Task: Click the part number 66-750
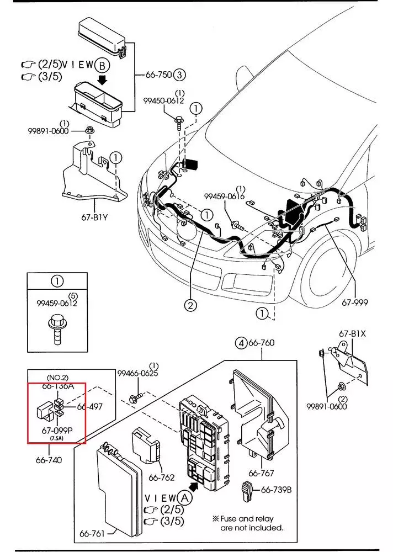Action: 158,75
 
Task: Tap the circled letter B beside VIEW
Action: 103,66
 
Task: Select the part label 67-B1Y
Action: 94,217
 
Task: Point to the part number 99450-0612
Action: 163,100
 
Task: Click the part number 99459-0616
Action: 224,196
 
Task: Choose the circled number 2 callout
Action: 190,305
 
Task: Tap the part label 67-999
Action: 354,302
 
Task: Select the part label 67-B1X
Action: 353,333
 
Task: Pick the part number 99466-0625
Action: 137,373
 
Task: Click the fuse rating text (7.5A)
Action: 57,438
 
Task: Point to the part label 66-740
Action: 49,460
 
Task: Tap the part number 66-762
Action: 162,477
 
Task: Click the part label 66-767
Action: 261,473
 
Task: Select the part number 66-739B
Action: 276,490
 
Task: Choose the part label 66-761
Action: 92,533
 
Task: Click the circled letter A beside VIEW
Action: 185,498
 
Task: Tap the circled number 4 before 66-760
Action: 241,343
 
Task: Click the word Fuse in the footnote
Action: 229,518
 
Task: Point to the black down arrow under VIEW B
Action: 102,80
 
